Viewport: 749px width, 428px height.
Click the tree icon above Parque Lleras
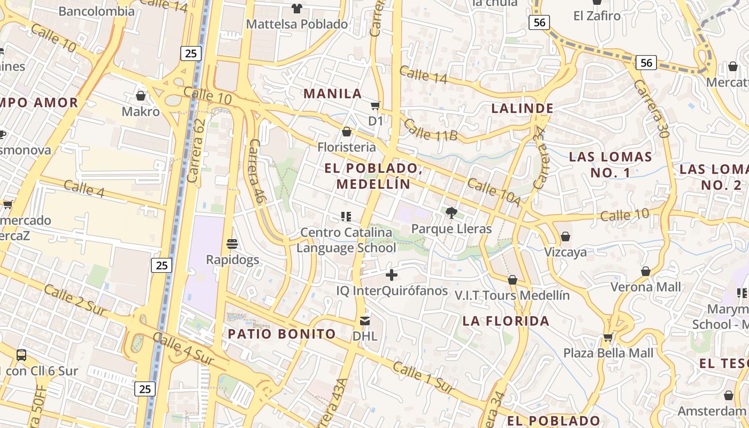[x=451, y=213]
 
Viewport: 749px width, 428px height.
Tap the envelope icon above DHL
[x=365, y=321]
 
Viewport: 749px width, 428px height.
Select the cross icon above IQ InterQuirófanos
[x=392, y=275]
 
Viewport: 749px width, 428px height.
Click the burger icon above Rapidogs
[x=232, y=244]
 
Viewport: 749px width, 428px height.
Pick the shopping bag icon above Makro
[x=141, y=96]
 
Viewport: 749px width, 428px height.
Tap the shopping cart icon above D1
[x=376, y=105]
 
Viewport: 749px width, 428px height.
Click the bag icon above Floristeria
[x=347, y=132]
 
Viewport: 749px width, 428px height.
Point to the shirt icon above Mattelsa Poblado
[x=297, y=8]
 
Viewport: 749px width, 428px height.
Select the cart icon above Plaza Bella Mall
[x=608, y=338]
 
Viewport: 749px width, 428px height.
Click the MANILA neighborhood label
[x=333, y=94]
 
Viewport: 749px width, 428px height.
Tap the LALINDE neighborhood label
[x=522, y=108]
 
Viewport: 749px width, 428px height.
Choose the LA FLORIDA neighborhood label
[x=506, y=320]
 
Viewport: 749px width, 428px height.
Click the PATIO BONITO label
[x=281, y=334]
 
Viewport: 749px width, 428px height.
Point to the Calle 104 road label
[x=494, y=193]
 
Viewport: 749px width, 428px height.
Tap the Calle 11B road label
[x=430, y=130]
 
